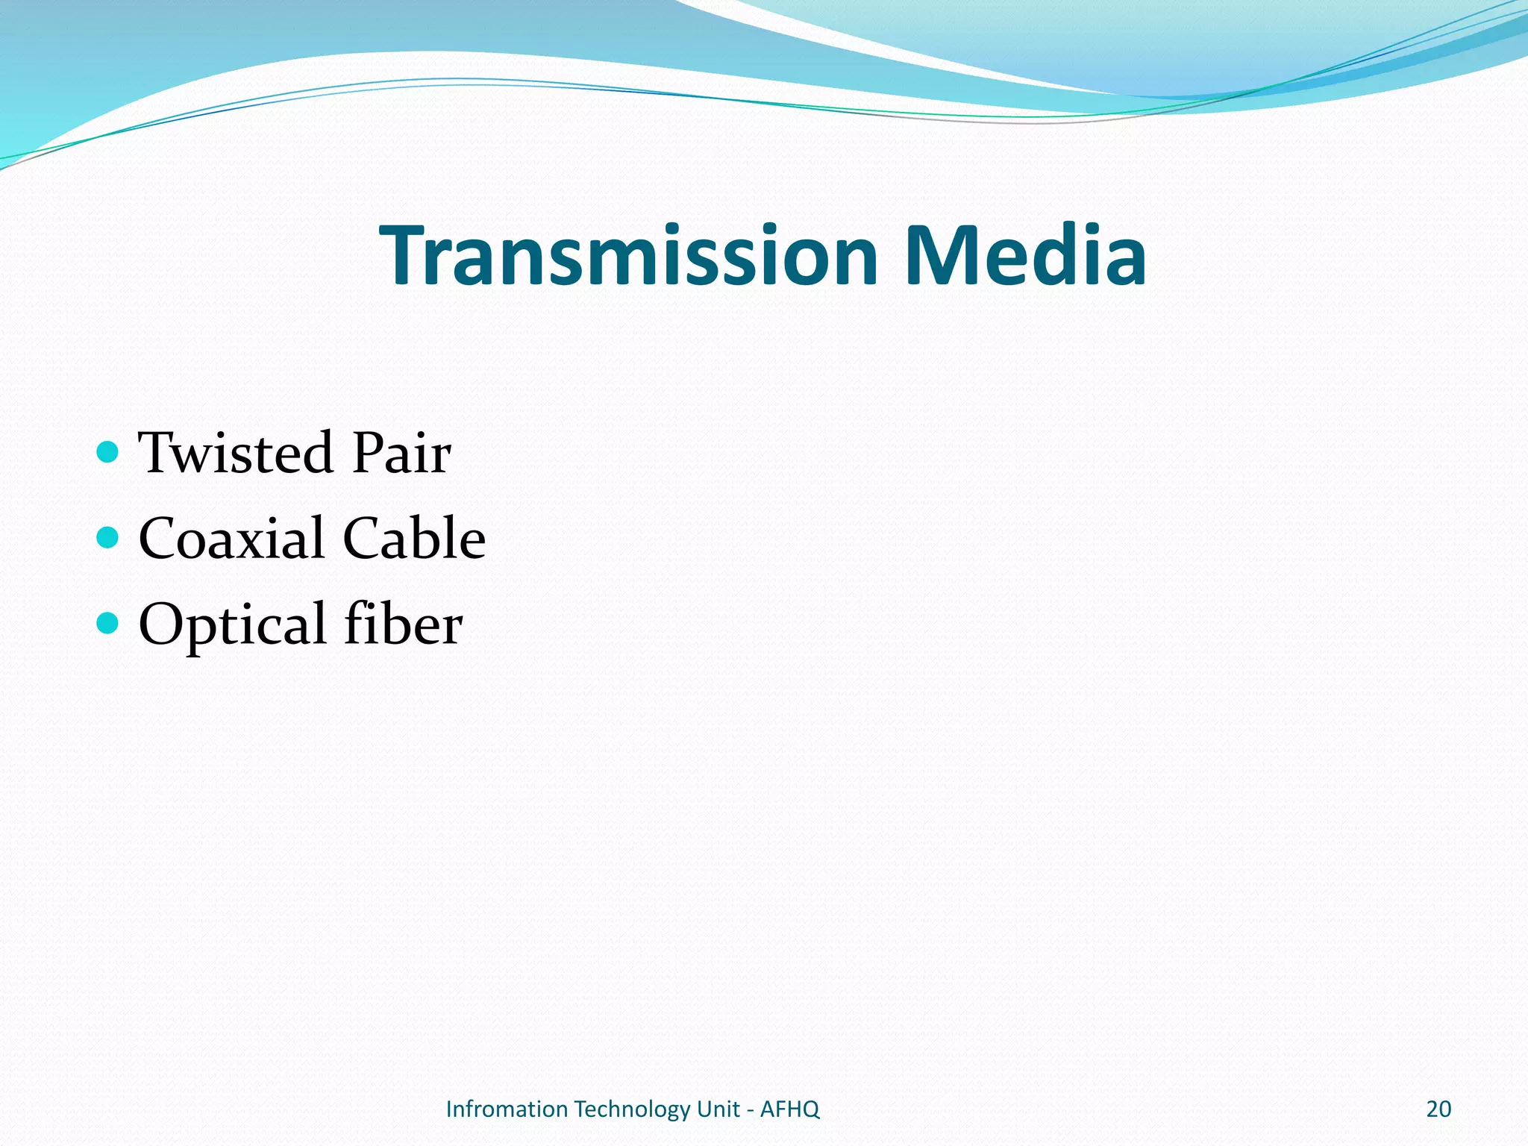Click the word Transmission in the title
coord(629,256)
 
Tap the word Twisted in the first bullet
coord(235,453)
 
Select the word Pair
coord(401,453)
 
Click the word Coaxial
coord(232,539)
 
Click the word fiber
coord(403,624)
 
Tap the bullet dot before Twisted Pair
coord(108,451)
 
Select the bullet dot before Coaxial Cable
coord(108,537)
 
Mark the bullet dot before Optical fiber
coord(108,622)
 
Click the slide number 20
coord(1438,1109)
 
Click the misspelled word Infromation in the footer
coord(507,1109)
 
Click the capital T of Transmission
coord(404,256)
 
